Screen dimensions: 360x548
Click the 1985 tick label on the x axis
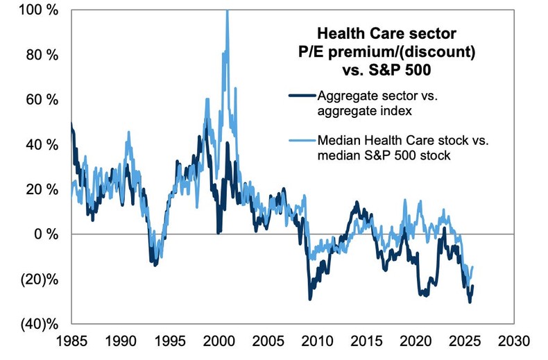click(72, 342)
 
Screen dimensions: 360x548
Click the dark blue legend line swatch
click(300, 96)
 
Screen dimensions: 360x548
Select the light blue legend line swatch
click(300, 140)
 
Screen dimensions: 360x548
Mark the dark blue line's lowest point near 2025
click(470, 302)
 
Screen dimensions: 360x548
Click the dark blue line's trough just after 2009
click(310, 298)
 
